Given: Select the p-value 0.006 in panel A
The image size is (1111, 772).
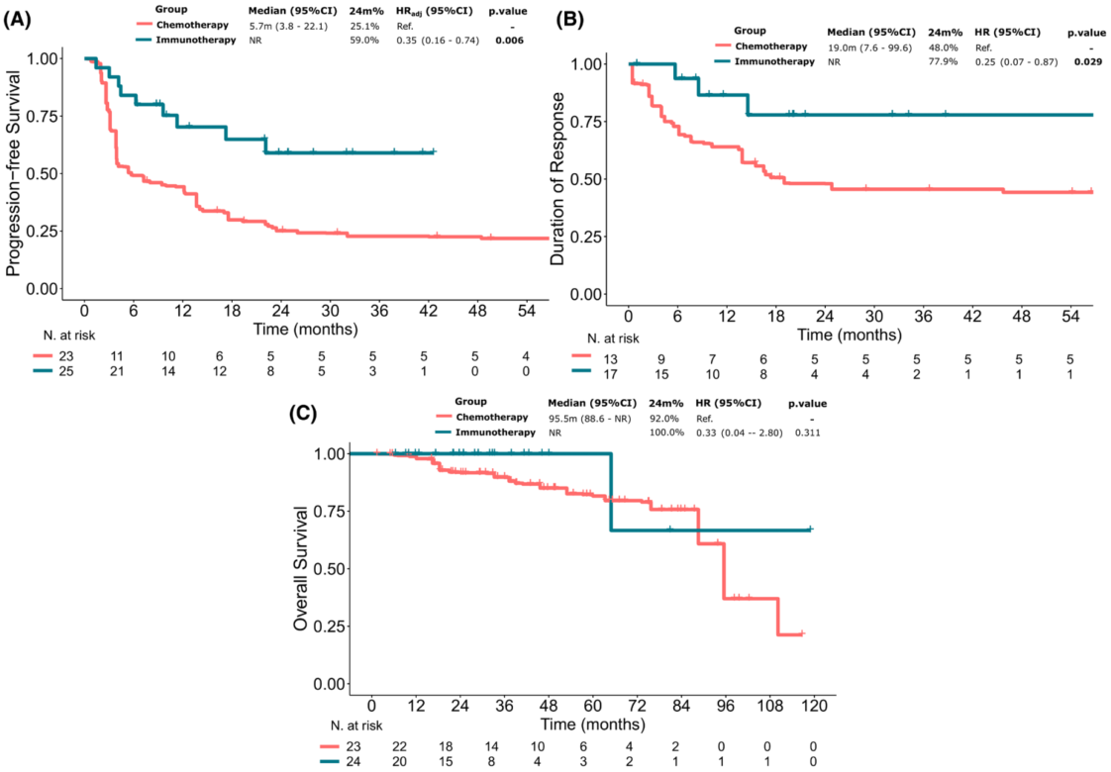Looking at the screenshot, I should click(509, 41).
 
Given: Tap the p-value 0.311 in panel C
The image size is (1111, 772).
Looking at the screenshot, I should click(807, 433).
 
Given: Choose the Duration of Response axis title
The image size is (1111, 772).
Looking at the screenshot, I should click(559, 178).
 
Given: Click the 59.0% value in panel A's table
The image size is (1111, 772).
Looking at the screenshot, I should click(358, 41).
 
